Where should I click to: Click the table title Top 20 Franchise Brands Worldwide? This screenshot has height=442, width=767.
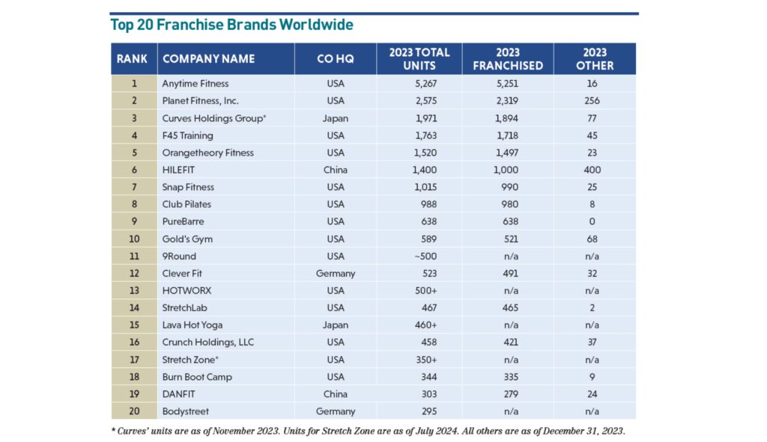click(x=231, y=25)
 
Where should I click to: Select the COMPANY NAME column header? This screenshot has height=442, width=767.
click(x=208, y=59)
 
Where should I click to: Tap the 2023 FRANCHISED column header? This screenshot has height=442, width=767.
click(x=507, y=59)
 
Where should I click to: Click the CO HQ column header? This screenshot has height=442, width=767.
click(x=335, y=59)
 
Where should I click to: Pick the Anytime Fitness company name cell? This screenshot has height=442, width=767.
click(x=195, y=84)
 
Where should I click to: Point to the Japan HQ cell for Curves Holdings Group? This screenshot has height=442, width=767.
click(x=335, y=118)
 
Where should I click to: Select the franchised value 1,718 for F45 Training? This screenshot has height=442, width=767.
click(x=507, y=135)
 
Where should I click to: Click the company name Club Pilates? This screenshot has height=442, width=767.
click(x=187, y=204)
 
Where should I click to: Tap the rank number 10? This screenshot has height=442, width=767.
click(x=134, y=239)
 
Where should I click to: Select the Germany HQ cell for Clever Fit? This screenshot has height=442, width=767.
click(x=335, y=273)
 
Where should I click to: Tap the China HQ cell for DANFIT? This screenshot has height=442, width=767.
click(x=335, y=393)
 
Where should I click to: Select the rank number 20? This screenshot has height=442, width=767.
click(x=134, y=411)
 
